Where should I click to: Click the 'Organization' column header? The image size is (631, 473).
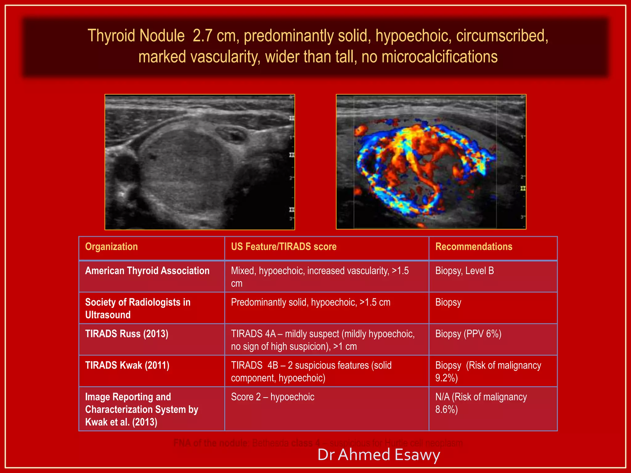coord(111,247)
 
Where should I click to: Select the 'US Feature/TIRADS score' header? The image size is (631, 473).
coord(283,247)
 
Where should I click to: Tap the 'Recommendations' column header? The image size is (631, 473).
coord(474,247)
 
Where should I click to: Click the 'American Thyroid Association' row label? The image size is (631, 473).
coord(147,271)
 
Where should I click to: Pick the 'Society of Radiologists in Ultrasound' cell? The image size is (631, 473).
coord(138,308)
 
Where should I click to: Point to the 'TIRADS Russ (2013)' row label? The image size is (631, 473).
coord(127,334)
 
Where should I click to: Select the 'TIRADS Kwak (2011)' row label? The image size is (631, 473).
coord(127,366)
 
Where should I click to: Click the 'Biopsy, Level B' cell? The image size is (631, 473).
coord(464,271)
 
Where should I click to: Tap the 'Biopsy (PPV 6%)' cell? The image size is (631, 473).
coord(468,334)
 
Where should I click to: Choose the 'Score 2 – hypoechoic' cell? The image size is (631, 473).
coord(273,397)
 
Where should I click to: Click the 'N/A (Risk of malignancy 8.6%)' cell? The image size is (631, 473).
coord(481,403)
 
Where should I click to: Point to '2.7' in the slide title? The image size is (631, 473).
coord(202,36)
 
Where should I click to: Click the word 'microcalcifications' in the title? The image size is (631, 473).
coord(439,57)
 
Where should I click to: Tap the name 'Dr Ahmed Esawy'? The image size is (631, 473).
coord(379,455)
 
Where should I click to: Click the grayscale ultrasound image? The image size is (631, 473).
coord(200,162)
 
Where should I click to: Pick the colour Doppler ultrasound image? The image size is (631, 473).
coord(431,162)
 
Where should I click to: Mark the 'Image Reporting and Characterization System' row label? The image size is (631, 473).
coord(142,409)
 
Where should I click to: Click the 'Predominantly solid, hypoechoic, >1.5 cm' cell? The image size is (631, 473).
coord(311,302)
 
